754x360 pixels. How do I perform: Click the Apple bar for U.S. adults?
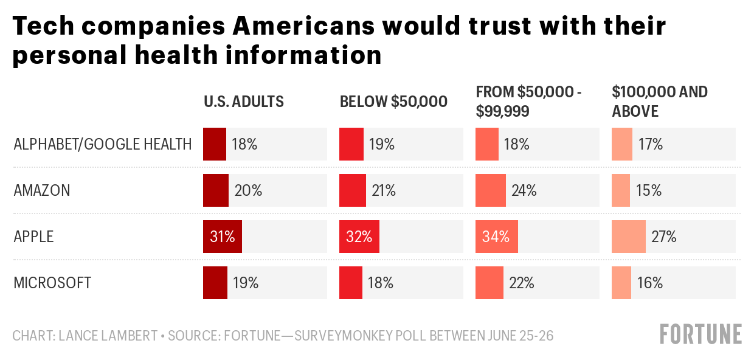pyautogui.click(x=223, y=237)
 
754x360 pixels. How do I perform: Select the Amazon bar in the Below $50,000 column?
pyautogui.click(x=353, y=190)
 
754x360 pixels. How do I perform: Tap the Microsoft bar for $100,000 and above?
pyautogui.click(x=621, y=283)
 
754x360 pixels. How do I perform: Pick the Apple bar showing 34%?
pyautogui.click(x=497, y=237)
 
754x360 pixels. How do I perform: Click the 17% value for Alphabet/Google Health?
pyautogui.click(x=650, y=145)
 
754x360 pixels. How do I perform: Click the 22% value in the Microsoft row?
pyautogui.click(x=521, y=283)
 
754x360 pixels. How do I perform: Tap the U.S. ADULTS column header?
pyautogui.click(x=244, y=102)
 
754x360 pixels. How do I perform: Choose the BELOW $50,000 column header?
pyautogui.click(x=393, y=102)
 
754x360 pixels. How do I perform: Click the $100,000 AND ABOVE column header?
pyautogui.click(x=659, y=102)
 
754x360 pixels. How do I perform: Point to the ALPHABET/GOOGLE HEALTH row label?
pyautogui.click(x=103, y=145)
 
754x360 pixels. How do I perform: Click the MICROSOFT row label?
pyautogui.click(x=52, y=283)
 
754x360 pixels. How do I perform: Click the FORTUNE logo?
pyautogui.click(x=701, y=334)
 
